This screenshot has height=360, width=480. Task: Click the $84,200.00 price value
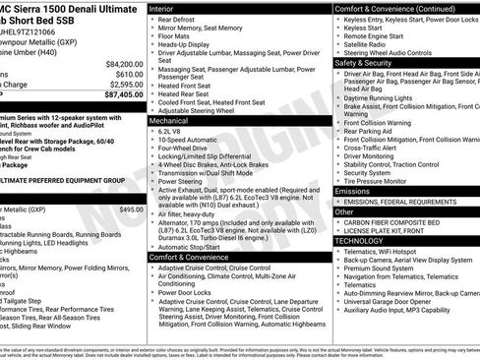tap(119, 63)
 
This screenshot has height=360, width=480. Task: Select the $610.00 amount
tap(124, 74)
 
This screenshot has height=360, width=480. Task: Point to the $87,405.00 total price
tap(119, 96)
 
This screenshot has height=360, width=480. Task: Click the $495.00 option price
tap(130, 210)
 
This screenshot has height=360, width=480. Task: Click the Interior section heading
tap(162, 8)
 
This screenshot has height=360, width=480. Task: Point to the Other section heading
tap(344, 210)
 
